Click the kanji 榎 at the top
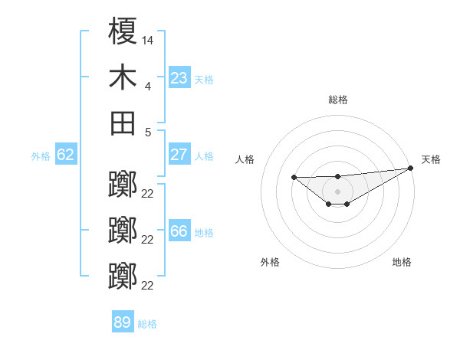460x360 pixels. pos(123,32)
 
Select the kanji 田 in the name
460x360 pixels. pos(123,123)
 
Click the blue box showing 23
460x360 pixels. pos(179,78)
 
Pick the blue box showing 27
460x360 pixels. pos(179,155)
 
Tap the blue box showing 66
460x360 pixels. pos(179,231)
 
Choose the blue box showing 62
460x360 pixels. pos(65,155)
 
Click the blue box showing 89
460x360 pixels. pos(123,322)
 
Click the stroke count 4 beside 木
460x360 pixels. pos(147,87)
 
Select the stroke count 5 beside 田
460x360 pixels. pos(147,132)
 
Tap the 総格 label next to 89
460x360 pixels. pos(147,324)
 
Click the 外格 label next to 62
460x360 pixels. pos(41,156)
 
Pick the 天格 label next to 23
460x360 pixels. pos(204,80)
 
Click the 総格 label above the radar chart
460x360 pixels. pos(337,100)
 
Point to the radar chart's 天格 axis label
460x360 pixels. pos(431,159)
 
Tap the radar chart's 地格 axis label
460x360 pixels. pos(402,263)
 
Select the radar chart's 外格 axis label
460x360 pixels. pos(270,263)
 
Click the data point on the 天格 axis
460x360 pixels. pos(412,168)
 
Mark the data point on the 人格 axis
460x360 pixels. pos(294,178)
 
